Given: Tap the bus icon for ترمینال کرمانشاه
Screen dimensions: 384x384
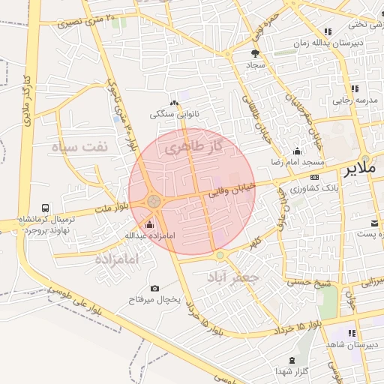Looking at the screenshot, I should (46, 208).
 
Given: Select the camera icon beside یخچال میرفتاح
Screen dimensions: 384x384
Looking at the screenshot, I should (154, 288).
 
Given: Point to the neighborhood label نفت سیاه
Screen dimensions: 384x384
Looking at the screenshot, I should (79, 146).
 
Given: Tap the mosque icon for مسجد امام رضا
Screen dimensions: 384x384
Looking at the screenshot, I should (298, 151).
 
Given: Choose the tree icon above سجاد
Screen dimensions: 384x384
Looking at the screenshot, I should (255, 53).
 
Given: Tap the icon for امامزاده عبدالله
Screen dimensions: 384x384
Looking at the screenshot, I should (148, 224).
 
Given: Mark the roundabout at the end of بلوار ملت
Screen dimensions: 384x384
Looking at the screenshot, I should (154, 201).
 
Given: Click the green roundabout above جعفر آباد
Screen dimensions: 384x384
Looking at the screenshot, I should (220, 256).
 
